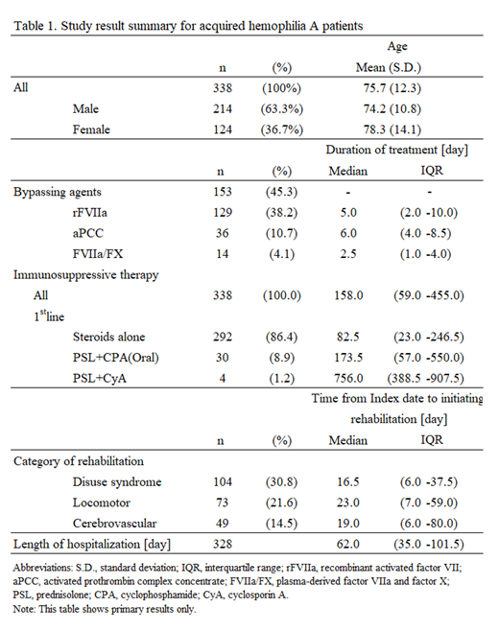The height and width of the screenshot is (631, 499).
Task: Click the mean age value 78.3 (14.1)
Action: (x=396, y=129)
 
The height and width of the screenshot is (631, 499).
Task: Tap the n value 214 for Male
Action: (x=229, y=108)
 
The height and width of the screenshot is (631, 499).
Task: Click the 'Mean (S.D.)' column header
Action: (x=396, y=67)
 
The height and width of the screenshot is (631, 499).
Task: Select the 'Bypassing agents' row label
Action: (x=58, y=193)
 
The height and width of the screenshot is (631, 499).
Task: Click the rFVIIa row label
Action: (x=93, y=214)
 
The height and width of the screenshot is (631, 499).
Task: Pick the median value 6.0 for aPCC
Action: (x=347, y=234)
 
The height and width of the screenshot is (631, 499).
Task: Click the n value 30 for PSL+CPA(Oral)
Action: (x=229, y=357)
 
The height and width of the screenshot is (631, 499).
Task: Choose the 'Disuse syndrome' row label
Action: (x=117, y=482)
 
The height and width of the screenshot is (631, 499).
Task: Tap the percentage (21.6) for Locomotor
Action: (x=284, y=502)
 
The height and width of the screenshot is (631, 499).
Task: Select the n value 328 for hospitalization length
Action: (x=229, y=545)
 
